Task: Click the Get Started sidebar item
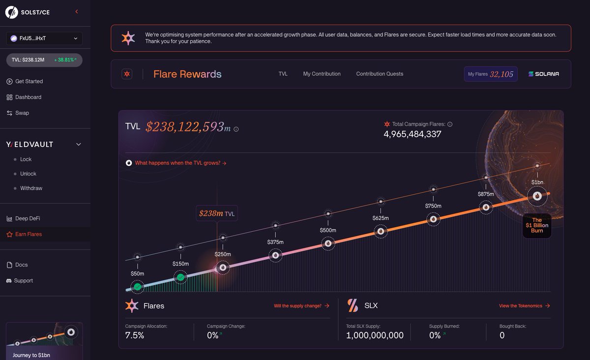(x=29, y=81)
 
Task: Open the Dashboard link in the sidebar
(x=28, y=97)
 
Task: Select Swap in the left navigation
(x=22, y=113)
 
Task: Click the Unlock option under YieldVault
(x=28, y=174)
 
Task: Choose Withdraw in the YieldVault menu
(x=31, y=188)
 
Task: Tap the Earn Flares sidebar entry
(x=28, y=234)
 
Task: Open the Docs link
(x=21, y=265)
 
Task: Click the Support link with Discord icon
(x=24, y=280)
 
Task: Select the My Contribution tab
(x=322, y=74)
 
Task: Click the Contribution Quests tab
(x=380, y=74)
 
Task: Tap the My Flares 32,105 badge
(x=490, y=74)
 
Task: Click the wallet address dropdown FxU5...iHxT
(x=44, y=38)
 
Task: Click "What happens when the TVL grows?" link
(x=180, y=163)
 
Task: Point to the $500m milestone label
(x=328, y=230)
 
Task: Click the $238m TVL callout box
(x=217, y=213)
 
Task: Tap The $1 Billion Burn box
(x=537, y=225)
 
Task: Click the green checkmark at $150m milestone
(x=180, y=277)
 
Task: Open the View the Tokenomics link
(x=524, y=306)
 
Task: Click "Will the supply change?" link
(x=301, y=306)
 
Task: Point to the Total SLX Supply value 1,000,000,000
(x=375, y=335)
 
